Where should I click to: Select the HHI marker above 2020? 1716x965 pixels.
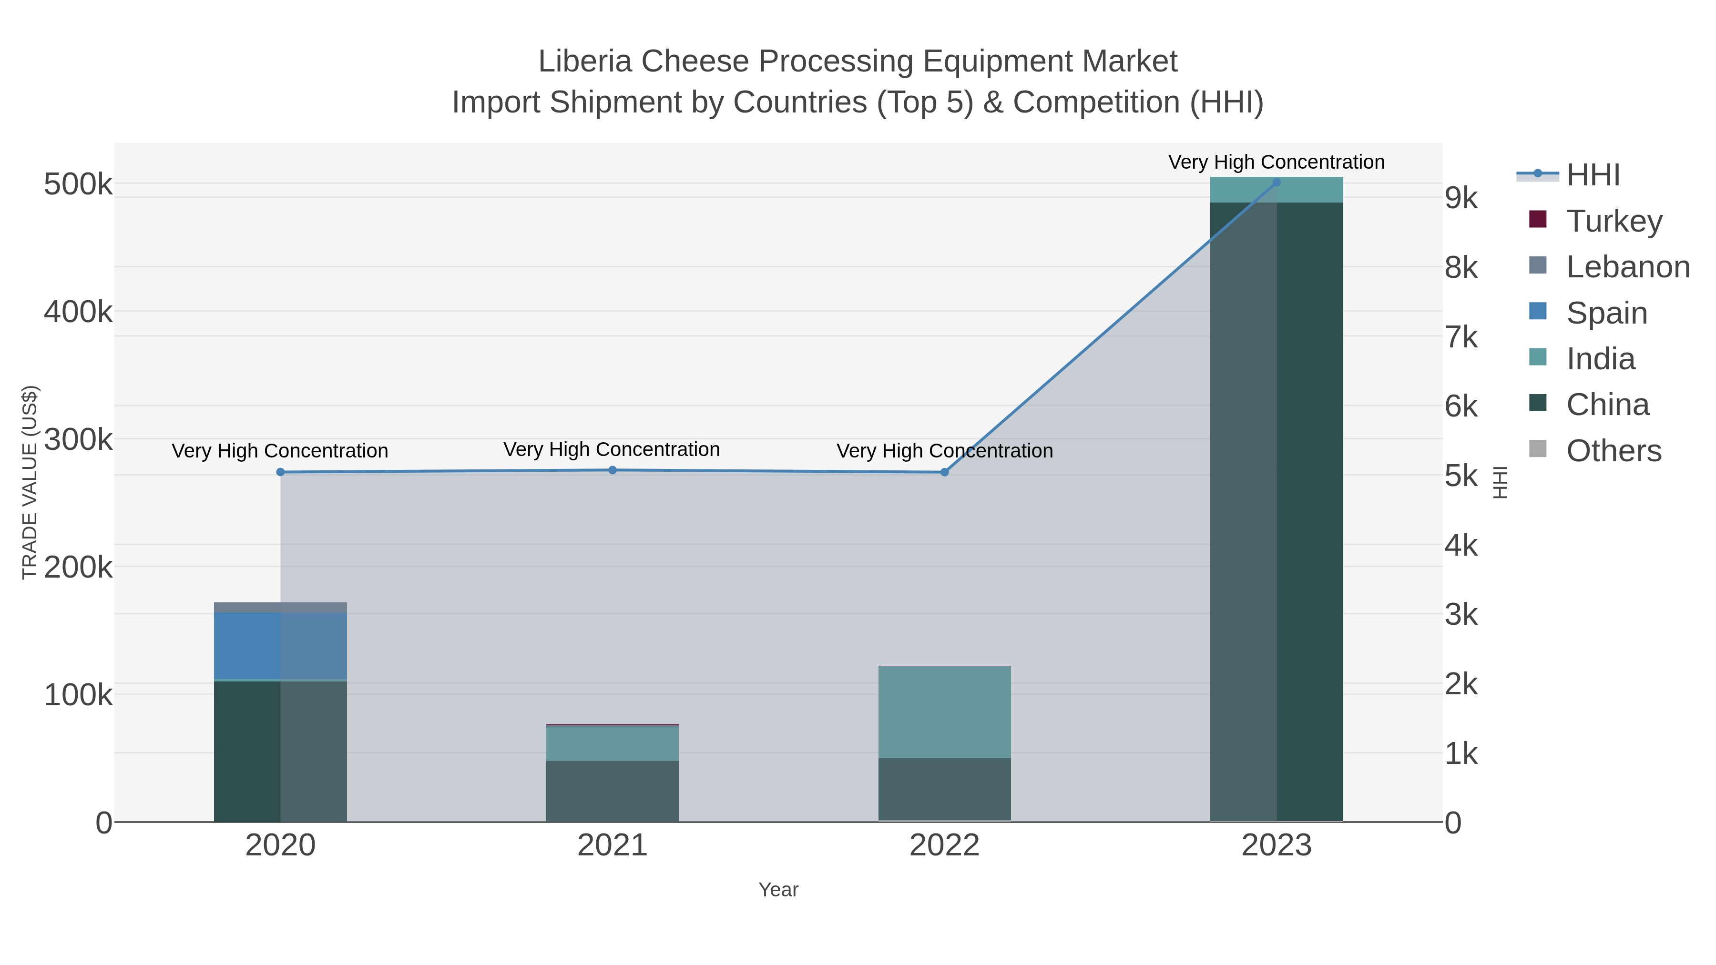tap(280, 472)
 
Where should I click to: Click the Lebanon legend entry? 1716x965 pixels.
tap(1627, 267)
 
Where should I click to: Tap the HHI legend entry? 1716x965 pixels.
tap(1592, 175)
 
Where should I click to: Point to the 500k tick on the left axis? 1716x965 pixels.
tap(78, 184)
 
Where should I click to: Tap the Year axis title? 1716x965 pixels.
tap(778, 890)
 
